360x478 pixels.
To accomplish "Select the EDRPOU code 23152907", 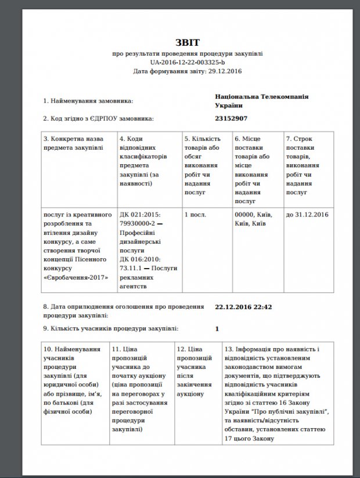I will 231,118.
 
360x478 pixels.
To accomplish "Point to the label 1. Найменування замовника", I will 88,101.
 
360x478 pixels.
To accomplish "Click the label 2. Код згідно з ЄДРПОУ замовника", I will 99,119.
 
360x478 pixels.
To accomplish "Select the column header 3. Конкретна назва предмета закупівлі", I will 75,144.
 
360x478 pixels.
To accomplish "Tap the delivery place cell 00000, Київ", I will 250,219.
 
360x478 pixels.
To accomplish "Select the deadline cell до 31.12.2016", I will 307,215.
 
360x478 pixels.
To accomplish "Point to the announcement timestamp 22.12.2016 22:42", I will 243,306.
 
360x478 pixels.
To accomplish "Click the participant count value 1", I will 217,329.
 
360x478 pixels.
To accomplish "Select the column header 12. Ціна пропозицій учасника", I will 193,371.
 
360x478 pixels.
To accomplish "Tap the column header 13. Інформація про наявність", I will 278,393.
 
